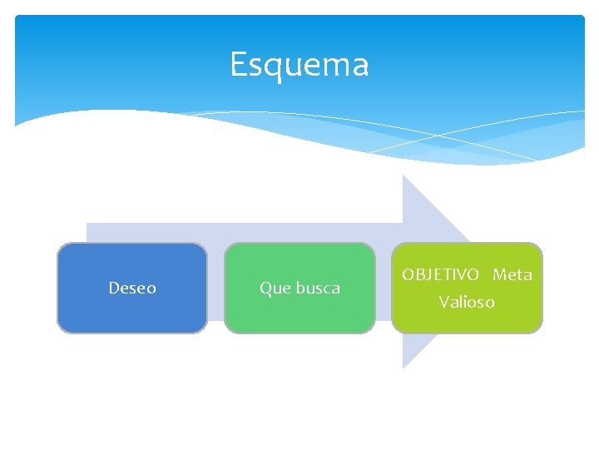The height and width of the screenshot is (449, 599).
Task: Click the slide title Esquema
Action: [299, 64]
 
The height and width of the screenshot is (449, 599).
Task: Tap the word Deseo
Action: [132, 288]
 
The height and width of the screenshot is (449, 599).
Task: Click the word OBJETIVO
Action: [440, 274]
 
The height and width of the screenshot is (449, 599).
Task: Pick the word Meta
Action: [512, 274]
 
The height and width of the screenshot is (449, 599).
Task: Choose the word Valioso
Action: [467, 302]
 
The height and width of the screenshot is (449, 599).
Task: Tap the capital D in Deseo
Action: [114, 288]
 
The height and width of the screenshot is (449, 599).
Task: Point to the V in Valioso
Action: [444, 302]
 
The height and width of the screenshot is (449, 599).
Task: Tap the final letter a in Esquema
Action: [360, 66]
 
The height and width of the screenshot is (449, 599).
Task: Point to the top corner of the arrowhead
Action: [403, 175]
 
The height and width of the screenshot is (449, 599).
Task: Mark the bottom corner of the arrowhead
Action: [403, 368]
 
